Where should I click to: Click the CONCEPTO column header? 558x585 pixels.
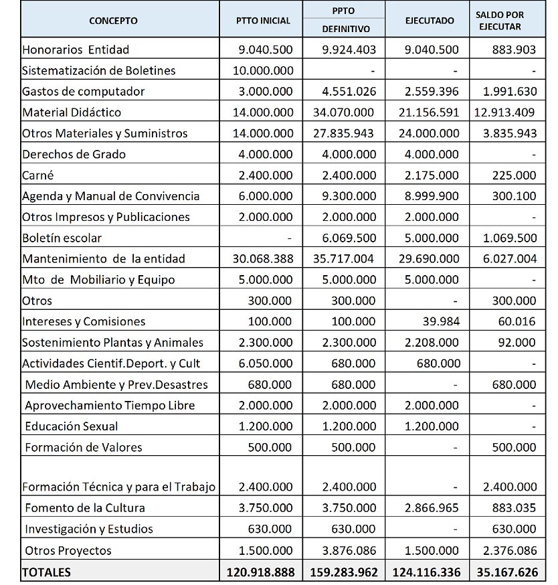click(113, 21)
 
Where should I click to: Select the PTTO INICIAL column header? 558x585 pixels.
click(264, 21)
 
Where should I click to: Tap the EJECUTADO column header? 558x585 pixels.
click(430, 21)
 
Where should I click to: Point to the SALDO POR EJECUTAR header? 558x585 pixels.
click(508, 21)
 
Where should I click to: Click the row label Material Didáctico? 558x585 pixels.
click(72, 112)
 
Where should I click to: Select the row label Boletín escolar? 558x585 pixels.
click(62, 238)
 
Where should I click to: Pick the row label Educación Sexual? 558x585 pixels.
click(71, 426)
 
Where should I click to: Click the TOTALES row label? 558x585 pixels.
click(46, 572)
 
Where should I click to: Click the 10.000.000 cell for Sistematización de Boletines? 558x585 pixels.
click(262, 70)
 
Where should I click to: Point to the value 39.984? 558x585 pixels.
click(441, 321)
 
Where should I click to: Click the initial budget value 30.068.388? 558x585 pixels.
click(262, 258)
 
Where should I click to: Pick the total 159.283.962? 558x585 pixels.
click(345, 572)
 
